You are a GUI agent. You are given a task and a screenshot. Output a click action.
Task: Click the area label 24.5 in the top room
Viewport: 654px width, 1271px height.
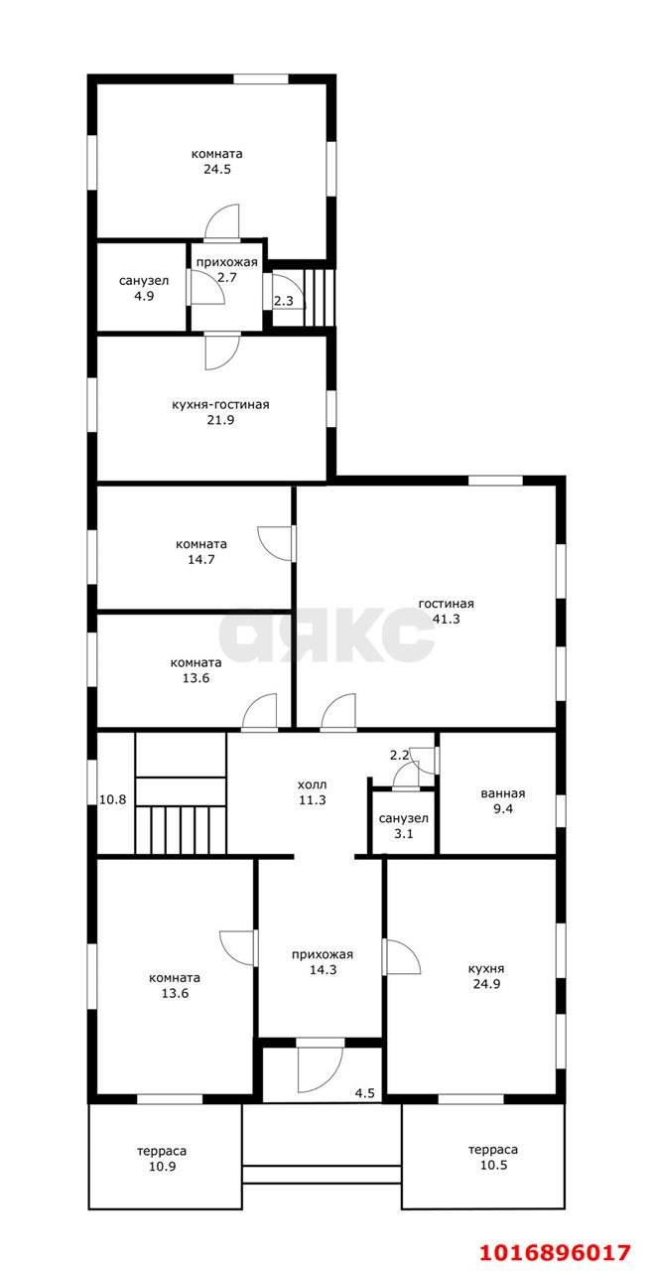pyautogui.click(x=217, y=169)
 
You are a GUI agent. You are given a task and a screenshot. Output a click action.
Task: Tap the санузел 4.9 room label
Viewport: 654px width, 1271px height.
pyautogui.click(x=144, y=288)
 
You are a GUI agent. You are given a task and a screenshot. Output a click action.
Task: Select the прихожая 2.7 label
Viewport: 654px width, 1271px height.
pyautogui.click(x=227, y=269)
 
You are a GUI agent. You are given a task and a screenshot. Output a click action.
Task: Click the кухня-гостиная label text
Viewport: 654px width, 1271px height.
pyautogui.click(x=220, y=405)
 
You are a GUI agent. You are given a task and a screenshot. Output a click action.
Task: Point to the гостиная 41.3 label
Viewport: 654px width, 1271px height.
pyautogui.click(x=446, y=611)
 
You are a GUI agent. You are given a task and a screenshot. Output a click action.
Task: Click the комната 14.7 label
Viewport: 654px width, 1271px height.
pyautogui.click(x=201, y=551)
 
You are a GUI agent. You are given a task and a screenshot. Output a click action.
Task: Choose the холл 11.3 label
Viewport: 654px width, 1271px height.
pyautogui.click(x=312, y=792)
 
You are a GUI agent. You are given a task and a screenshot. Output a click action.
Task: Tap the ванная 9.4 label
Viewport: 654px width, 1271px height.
pyautogui.click(x=502, y=801)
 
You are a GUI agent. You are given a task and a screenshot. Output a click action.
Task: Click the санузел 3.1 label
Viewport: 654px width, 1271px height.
pyautogui.click(x=403, y=826)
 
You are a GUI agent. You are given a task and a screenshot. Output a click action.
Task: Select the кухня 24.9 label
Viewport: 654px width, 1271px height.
pyautogui.click(x=486, y=976)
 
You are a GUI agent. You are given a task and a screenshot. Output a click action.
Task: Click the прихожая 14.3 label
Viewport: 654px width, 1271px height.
pyautogui.click(x=323, y=962)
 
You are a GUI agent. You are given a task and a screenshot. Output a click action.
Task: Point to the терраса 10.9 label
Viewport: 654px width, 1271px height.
pyautogui.click(x=162, y=1159)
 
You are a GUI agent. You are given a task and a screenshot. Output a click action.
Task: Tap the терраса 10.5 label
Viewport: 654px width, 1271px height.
pyautogui.click(x=493, y=1158)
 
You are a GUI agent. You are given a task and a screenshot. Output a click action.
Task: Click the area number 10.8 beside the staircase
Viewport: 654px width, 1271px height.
pyautogui.click(x=113, y=799)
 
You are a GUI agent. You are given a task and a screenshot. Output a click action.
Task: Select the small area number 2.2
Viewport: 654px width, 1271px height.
pyautogui.click(x=399, y=756)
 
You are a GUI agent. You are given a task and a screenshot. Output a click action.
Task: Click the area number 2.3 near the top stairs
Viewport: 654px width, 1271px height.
pyautogui.click(x=284, y=301)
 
